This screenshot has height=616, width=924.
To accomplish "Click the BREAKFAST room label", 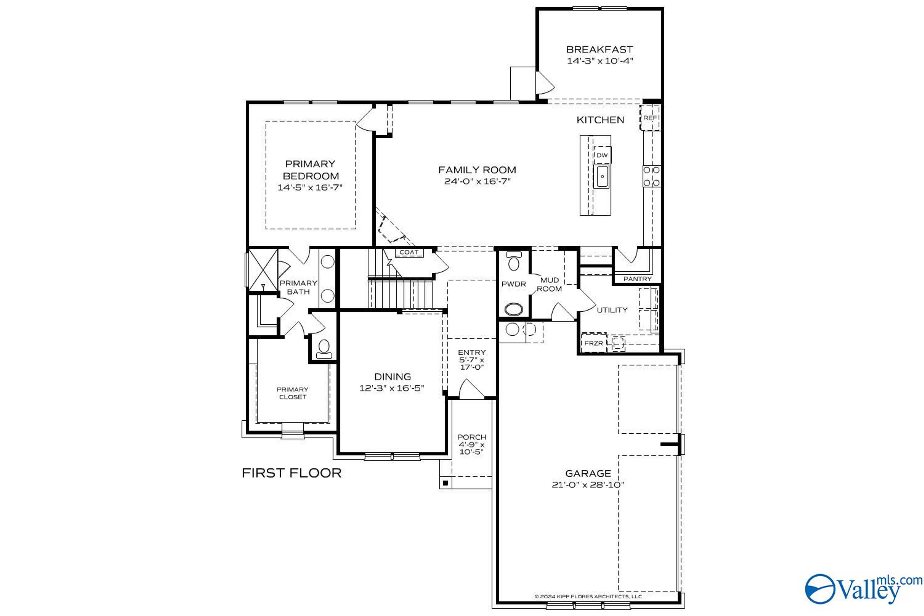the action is tap(599, 50).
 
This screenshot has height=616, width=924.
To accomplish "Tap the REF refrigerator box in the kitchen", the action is tap(650, 117).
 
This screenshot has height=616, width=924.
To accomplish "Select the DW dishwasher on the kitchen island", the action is tap(602, 155).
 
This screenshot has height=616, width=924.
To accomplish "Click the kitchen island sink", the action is tap(602, 176).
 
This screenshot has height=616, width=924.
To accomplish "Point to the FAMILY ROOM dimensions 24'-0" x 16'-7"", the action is tap(477, 181).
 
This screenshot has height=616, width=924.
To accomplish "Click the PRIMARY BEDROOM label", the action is tap(310, 170).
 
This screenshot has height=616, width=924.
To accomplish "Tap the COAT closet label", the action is tap(409, 252).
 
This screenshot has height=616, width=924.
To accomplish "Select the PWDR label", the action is tap(513, 284).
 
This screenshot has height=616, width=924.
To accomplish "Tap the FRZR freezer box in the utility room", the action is tap(594, 343).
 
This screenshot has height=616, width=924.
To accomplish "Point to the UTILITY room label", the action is tap(612, 310).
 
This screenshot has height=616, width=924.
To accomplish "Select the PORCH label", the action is tap(472, 437).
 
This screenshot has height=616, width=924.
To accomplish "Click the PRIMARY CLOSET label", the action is tap(293, 393).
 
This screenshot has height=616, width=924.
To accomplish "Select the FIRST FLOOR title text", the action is tap(291, 473).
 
